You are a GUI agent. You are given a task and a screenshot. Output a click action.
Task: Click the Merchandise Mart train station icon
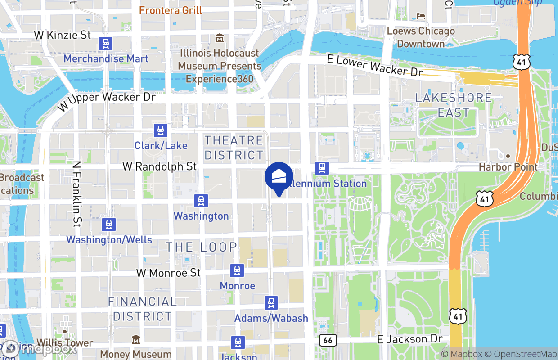tap(106, 44)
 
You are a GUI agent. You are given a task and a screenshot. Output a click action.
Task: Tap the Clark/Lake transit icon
tap(161, 130)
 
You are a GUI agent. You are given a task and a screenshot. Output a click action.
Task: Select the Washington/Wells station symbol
tap(108, 225)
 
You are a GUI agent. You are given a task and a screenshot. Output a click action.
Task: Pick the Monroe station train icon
tap(237, 270)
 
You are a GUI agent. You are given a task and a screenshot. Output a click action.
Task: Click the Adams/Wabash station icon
tap(271, 303)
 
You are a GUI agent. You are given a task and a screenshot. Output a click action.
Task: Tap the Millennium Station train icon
tap(322, 168)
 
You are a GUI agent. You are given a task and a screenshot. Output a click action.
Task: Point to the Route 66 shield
tap(328, 340)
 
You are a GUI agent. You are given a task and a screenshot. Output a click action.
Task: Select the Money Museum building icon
tap(136, 340)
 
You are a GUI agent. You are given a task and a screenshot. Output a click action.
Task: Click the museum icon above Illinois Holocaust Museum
tap(220, 38)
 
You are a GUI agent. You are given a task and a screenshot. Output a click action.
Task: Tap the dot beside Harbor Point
tap(508, 156)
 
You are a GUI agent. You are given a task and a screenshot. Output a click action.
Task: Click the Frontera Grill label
tap(171, 10)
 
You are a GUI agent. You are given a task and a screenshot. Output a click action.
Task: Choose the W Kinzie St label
tap(63, 35)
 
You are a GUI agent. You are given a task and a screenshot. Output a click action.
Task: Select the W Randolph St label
tap(160, 166)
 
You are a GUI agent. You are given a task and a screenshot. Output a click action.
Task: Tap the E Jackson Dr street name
tap(410, 339)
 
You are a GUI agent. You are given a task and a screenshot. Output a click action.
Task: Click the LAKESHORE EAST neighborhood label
tap(453, 105)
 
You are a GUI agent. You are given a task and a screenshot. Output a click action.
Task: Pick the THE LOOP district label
tap(201, 247)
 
